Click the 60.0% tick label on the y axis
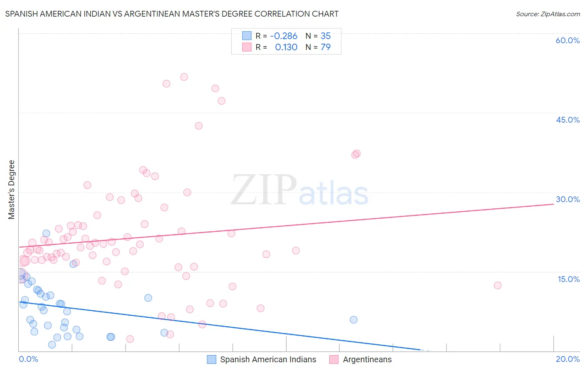568,40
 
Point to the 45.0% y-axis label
568,120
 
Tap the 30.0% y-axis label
568,199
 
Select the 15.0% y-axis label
568,279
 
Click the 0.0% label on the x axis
28,359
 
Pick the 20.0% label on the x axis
568,359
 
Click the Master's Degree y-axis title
12,190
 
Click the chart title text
172,14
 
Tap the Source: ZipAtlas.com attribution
548,14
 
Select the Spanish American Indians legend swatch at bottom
211,359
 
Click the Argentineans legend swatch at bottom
334,359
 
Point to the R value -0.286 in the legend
283,36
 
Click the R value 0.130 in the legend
286,47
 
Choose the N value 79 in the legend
325,47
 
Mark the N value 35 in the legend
325,36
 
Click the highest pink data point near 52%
184,77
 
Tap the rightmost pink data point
498,285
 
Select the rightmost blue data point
354,320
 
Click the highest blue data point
46,234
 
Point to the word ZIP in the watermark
264,190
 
